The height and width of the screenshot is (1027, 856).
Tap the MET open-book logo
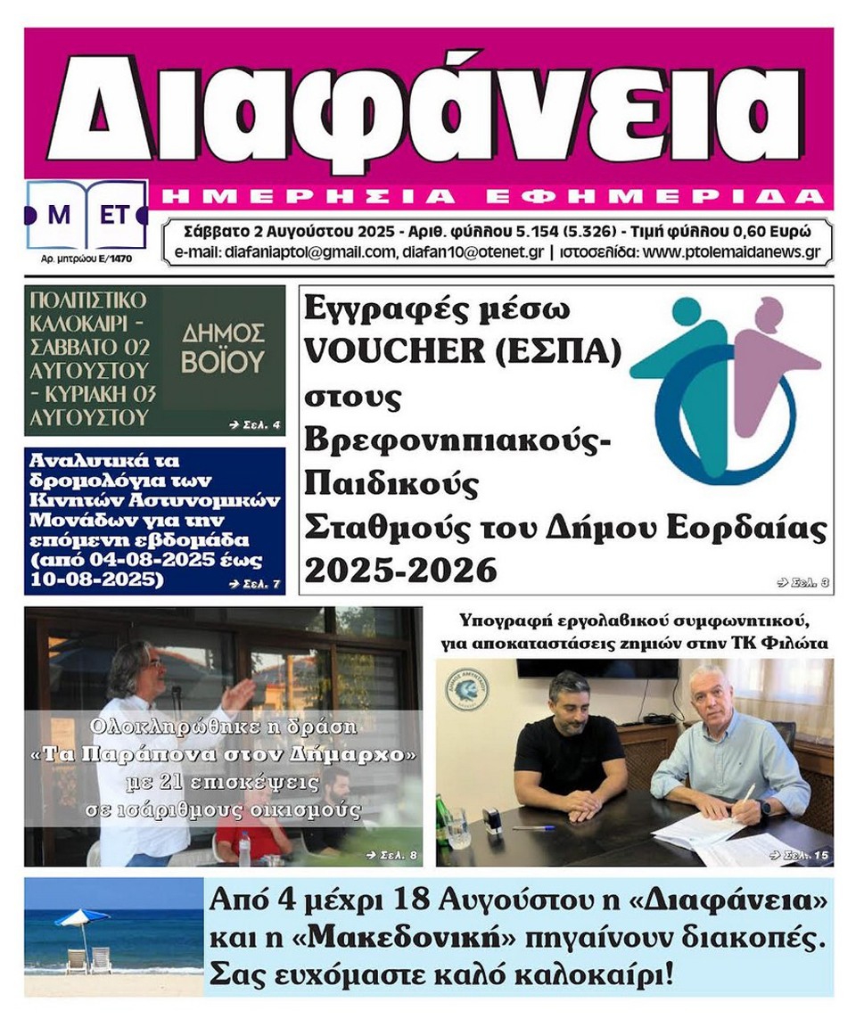click(86, 215)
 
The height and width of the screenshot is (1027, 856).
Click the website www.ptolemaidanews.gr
click(730, 252)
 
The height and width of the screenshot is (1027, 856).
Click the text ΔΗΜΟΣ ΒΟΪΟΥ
click(224, 348)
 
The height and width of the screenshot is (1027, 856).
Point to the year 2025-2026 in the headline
click(400, 569)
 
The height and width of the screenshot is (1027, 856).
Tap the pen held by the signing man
click(747, 793)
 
